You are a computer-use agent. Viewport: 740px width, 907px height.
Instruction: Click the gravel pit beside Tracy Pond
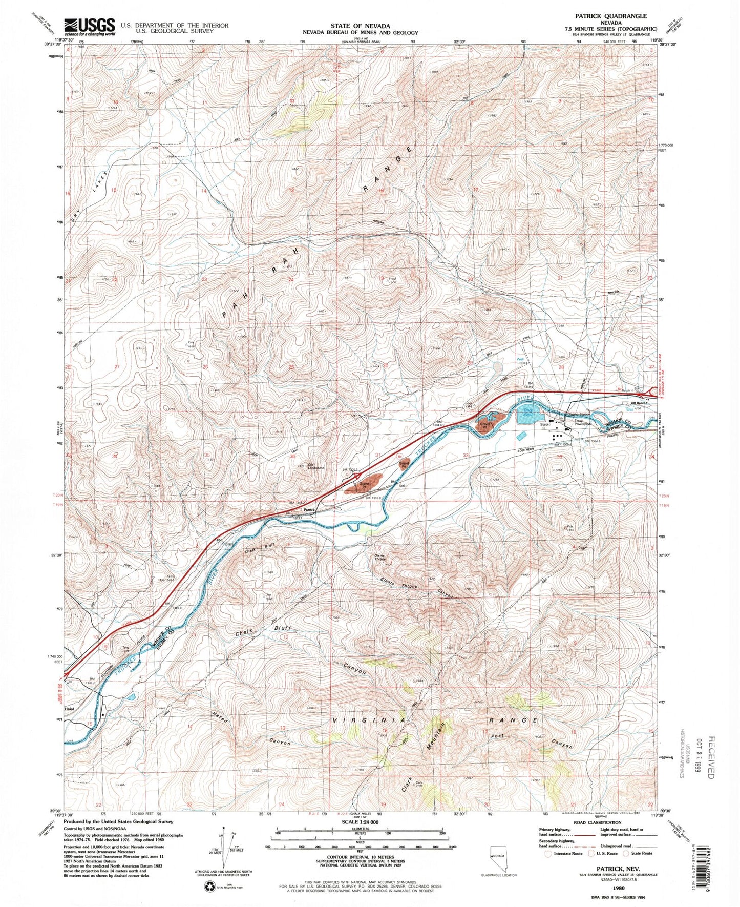pos(484,424)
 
